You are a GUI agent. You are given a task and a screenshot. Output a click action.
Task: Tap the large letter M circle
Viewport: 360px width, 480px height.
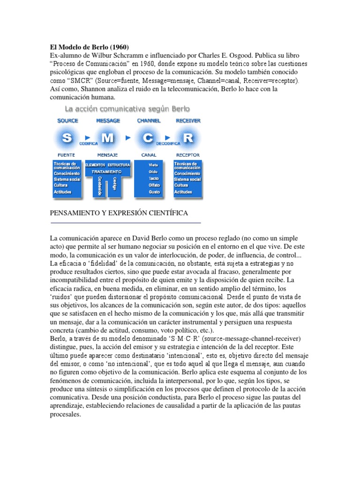(x=108, y=138)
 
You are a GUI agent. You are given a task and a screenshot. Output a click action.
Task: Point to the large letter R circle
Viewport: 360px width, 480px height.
(x=188, y=138)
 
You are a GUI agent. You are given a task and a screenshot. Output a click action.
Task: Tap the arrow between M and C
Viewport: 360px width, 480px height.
(x=128, y=138)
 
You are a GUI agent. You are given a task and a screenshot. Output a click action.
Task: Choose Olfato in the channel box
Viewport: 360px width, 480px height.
(x=153, y=185)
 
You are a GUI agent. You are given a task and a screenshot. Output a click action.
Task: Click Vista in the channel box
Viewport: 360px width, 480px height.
(x=153, y=165)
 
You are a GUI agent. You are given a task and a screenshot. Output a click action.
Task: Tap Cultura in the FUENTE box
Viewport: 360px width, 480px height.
(x=61, y=185)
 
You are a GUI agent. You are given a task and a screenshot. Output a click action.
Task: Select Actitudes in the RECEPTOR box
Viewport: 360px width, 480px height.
(x=183, y=192)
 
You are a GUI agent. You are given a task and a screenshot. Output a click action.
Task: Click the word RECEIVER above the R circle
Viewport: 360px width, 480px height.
(x=188, y=120)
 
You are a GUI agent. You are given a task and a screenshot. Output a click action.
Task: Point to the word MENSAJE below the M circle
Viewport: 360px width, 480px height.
(x=107, y=155)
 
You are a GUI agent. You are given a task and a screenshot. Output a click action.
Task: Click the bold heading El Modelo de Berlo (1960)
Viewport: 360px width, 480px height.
(x=89, y=47)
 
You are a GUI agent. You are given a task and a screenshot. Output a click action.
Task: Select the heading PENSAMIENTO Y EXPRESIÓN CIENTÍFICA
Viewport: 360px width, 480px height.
(x=119, y=213)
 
